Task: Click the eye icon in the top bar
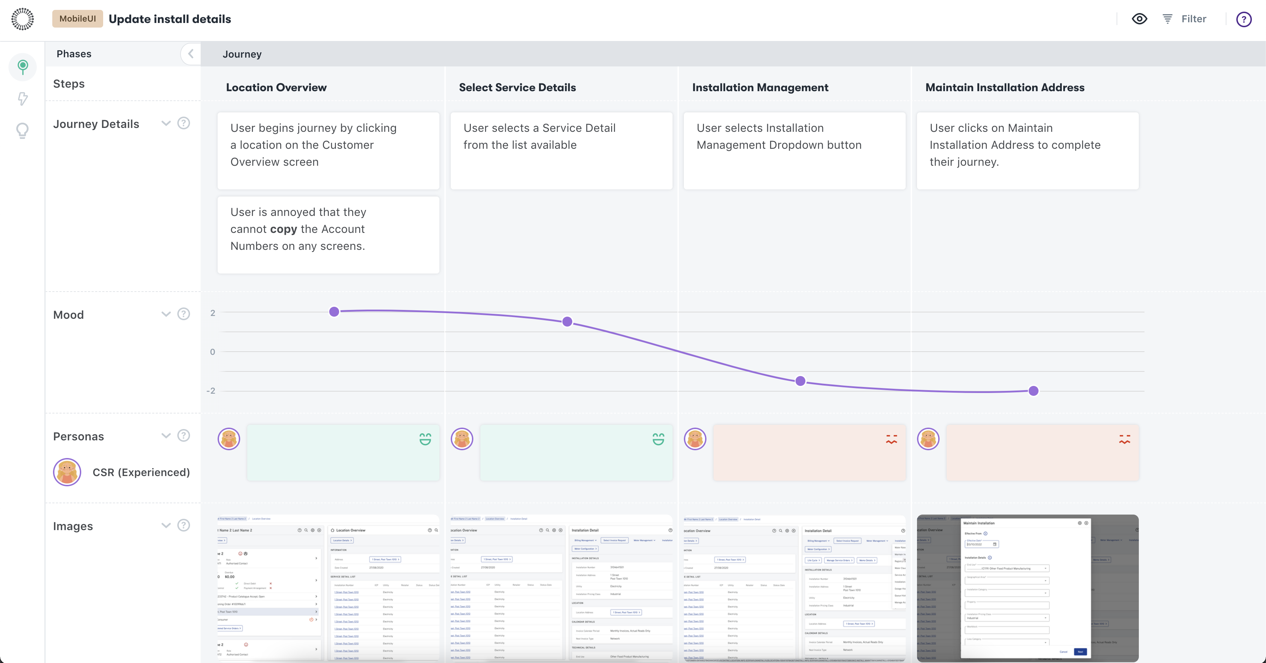coord(1139,19)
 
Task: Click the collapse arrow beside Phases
coord(191,54)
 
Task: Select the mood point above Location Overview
coord(334,311)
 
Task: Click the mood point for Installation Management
coord(800,381)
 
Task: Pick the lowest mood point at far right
coord(1033,391)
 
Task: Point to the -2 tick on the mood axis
coord(211,391)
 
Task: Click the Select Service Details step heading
coord(517,88)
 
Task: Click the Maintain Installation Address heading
coord(1005,88)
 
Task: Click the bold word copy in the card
coord(284,229)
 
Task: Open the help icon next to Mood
coord(184,314)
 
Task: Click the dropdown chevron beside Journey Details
coord(166,123)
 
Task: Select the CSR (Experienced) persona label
coord(141,472)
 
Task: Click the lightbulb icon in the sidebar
coord(23,130)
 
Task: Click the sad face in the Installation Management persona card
coord(891,439)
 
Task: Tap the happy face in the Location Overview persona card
coord(425,439)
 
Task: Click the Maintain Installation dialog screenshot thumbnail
coord(1027,588)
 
